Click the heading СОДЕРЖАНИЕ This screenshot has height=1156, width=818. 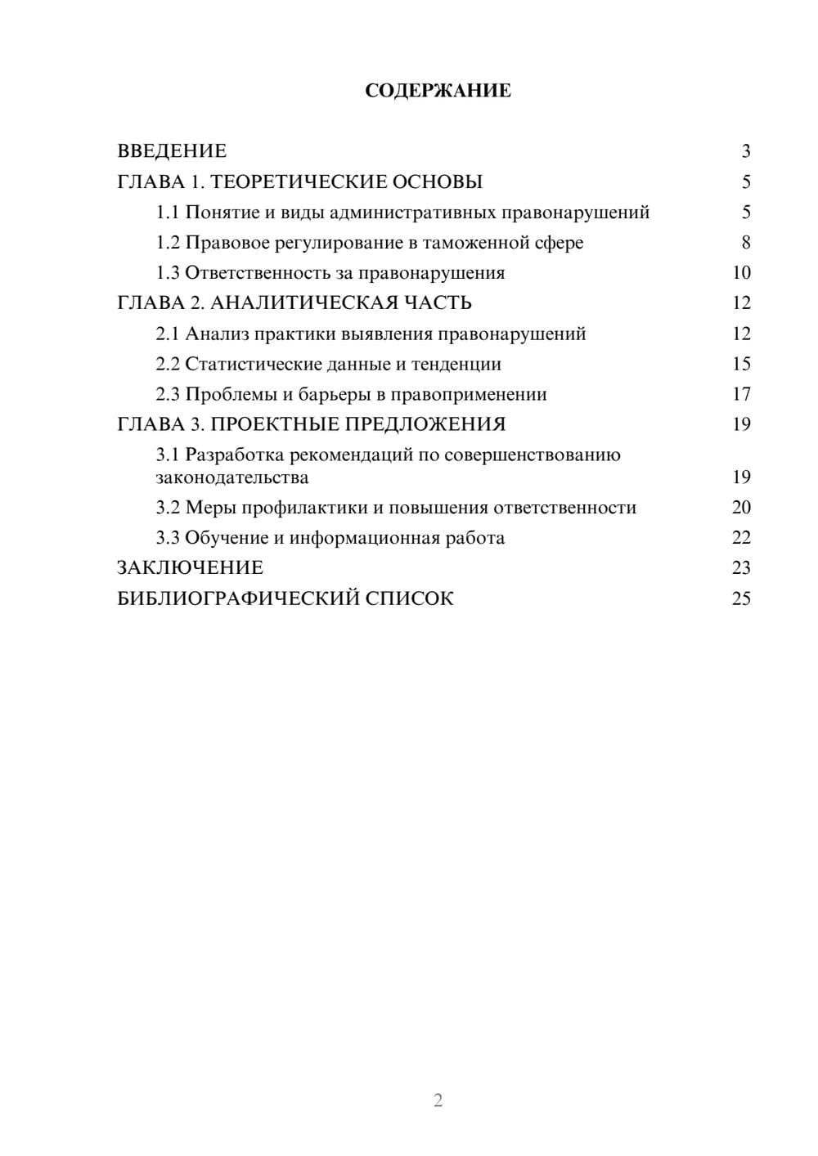point(438,91)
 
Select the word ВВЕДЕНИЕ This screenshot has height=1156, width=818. point(172,151)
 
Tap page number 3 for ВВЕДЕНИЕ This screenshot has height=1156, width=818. point(745,151)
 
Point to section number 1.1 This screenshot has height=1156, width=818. point(168,213)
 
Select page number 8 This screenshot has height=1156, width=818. point(745,243)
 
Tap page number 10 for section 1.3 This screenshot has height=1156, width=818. point(741,273)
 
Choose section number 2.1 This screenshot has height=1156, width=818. point(168,334)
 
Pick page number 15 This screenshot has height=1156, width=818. point(741,364)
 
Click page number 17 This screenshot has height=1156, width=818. point(741,394)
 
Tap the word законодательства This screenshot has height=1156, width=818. point(232,477)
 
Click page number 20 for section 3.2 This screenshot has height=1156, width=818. point(741,508)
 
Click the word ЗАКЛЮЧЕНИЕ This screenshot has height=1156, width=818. point(191,568)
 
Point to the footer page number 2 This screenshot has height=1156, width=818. point(438,1100)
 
